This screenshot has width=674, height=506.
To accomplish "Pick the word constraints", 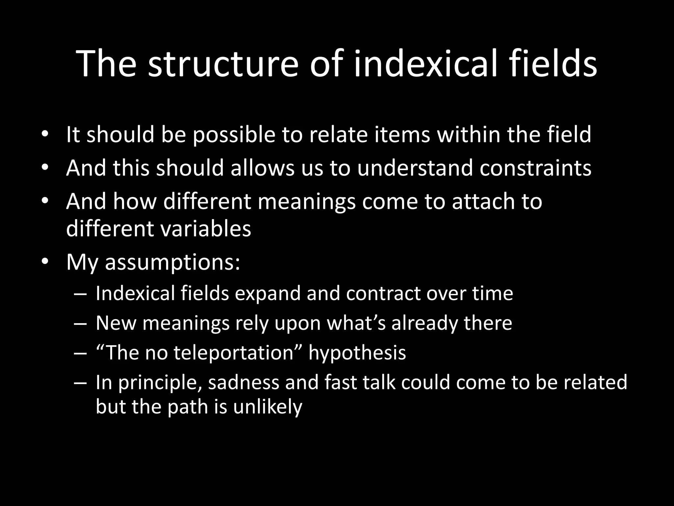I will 535,168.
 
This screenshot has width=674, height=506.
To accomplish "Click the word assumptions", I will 172,262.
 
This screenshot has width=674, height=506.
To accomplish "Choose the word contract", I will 383,293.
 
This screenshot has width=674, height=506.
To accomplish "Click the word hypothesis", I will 357,353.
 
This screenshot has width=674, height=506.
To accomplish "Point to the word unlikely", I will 268,407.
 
